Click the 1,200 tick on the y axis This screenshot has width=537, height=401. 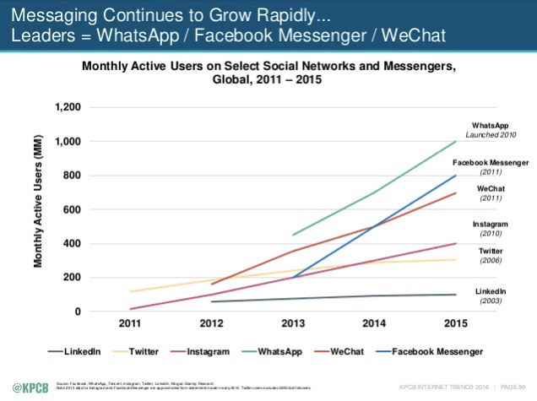click(69, 108)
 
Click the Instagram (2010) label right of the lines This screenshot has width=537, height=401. click(489, 228)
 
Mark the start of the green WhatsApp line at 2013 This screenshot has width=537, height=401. click(292, 235)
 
